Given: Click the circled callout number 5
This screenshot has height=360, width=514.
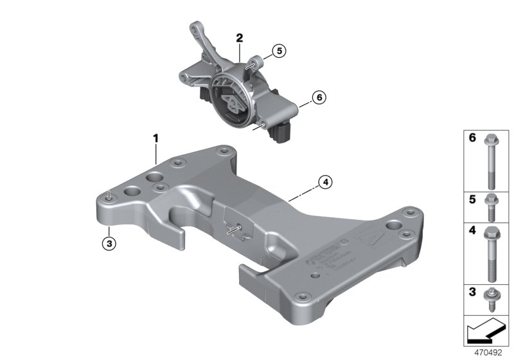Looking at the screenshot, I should [278, 50].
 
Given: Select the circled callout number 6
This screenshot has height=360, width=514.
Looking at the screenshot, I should [318, 98].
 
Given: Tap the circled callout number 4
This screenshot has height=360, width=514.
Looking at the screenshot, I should [326, 183].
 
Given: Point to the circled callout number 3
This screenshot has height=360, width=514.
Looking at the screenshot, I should [110, 243].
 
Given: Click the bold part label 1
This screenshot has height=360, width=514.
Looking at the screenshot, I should [155, 138].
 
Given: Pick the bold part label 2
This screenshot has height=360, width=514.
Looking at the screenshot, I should [239, 38].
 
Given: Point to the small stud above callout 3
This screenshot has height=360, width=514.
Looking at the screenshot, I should [111, 194].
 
